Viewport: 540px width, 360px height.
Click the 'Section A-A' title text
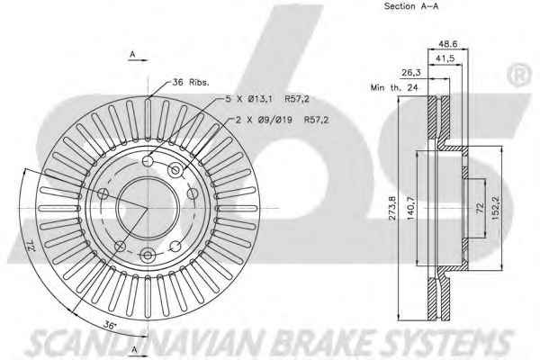click(x=411, y=6)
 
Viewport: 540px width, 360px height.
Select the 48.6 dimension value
click(x=447, y=44)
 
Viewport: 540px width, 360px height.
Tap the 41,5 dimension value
click(x=445, y=58)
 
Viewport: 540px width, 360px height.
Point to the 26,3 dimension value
click(x=411, y=73)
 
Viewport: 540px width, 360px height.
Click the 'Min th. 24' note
click(x=394, y=87)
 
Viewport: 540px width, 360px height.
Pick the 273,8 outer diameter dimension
click(x=392, y=208)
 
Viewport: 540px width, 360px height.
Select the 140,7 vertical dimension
click(x=410, y=208)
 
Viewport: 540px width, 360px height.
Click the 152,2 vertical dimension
click(x=495, y=208)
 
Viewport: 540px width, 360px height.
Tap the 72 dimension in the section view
click(x=480, y=208)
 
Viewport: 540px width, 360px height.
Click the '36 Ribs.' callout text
click(x=191, y=82)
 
